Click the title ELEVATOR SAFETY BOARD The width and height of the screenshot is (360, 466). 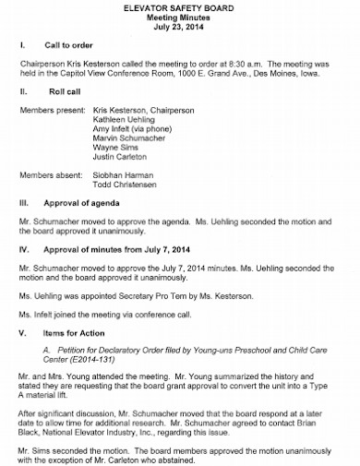pyautogui.click(x=180, y=6)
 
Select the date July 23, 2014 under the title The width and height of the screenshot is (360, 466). pyautogui.click(x=180, y=27)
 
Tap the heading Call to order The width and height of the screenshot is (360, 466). pyautogui.click(x=71, y=45)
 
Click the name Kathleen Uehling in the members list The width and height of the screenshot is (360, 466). pyautogui.click(x=129, y=120)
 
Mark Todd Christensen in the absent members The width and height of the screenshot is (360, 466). pyautogui.click(x=130, y=187)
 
